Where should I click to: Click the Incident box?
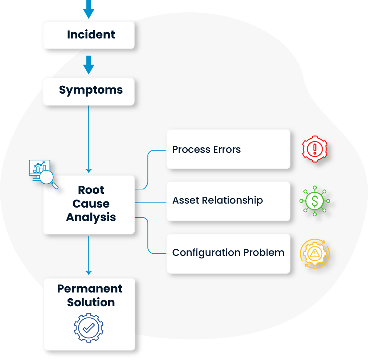(89, 35)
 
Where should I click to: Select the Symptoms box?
(89, 90)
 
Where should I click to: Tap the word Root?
(91, 190)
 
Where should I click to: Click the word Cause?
(91, 204)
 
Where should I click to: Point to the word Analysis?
(91, 217)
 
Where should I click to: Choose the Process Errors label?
(207, 150)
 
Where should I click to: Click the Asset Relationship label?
(217, 200)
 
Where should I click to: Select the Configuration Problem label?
(228, 253)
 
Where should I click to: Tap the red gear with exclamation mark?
(315, 149)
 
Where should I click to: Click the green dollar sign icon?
(315, 201)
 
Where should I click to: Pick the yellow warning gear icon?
(315, 253)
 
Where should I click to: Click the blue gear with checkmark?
(89, 328)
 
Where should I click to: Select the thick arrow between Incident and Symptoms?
(89, 65)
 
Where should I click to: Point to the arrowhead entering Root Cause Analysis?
(89, 171)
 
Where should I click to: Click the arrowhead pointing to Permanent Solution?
(89, 273)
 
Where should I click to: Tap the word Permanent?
(90, 289)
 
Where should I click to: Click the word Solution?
(91, 302)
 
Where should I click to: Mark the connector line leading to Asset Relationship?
(151, 203)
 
